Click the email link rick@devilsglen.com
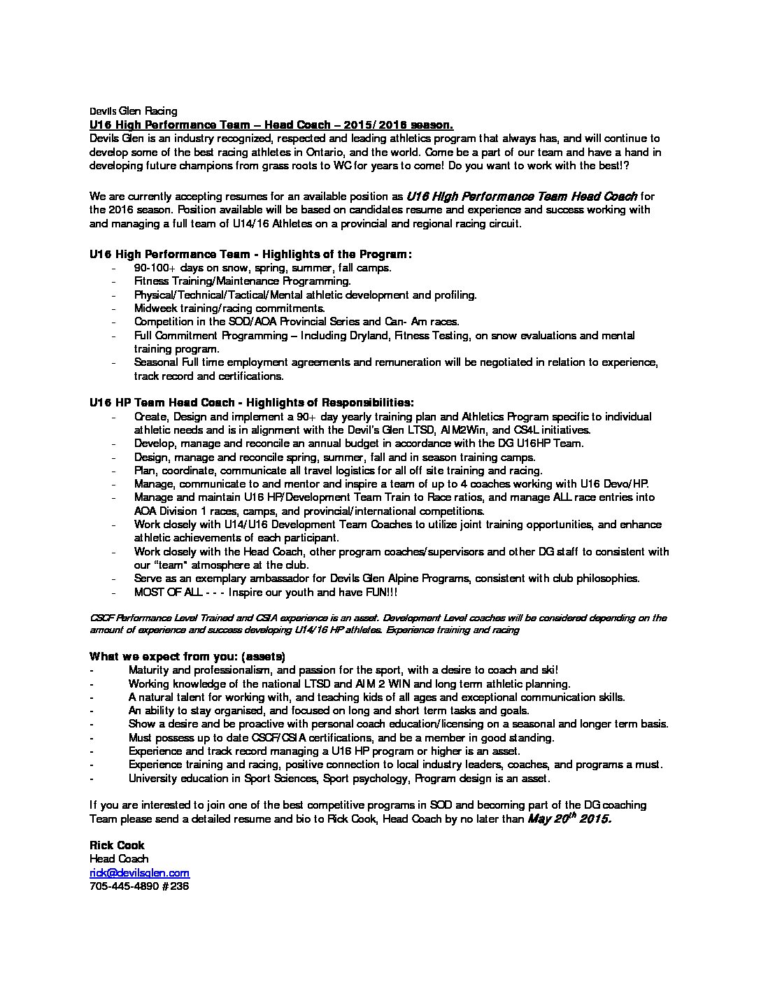[139, 873]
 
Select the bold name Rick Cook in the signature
[117, 845]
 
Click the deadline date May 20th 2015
[569, 819]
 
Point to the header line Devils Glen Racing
[133, 111]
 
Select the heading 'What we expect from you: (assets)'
[187, 656]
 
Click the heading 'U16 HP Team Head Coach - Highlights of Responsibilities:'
[251, 402]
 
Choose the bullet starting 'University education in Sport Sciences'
[339, 778]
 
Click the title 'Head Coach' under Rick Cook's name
[118, 859]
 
